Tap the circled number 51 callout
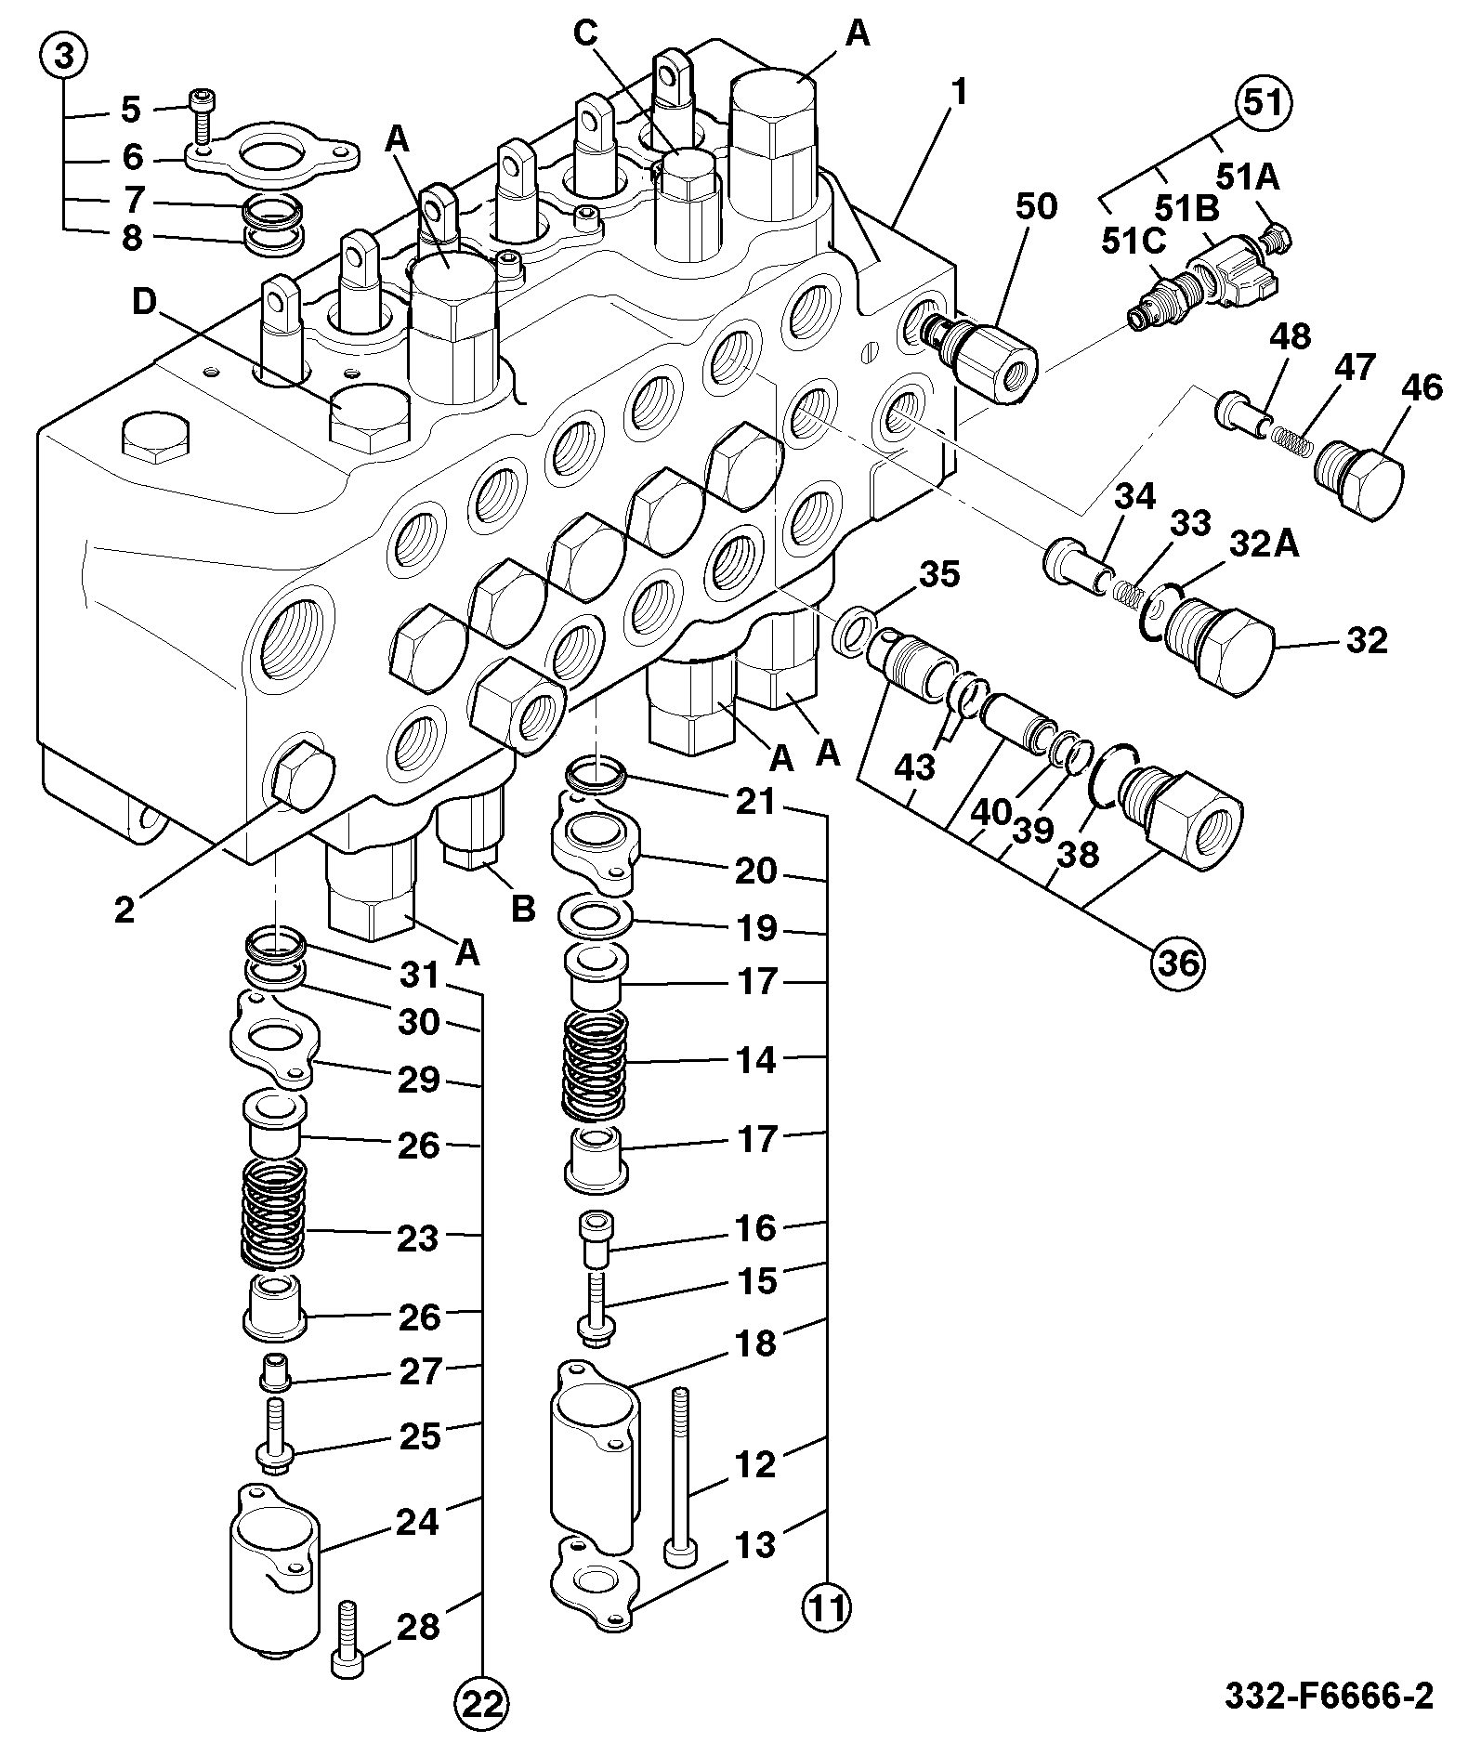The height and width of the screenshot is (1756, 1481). [1263, 104]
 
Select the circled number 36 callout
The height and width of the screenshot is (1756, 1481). [1176, 963]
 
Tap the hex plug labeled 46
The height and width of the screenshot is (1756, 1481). [1358, 475]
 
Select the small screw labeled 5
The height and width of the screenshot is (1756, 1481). [203, 117]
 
